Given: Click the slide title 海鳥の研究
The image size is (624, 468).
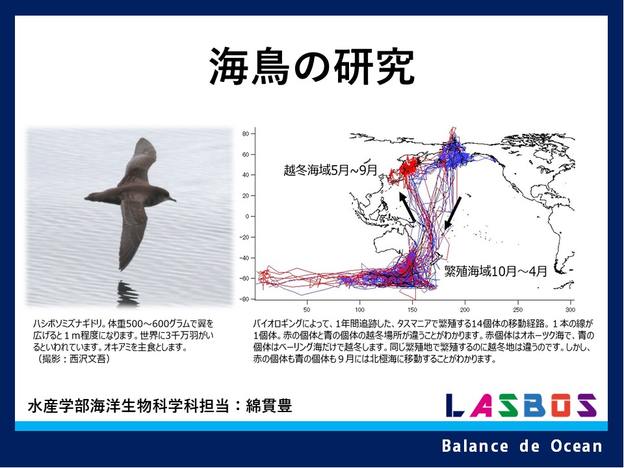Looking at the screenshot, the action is pos(312,66).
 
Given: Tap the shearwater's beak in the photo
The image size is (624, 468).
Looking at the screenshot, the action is pos(172,199).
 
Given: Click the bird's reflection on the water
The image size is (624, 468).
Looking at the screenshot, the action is pos(127,294).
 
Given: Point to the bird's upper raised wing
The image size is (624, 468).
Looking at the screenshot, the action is pos(139,161).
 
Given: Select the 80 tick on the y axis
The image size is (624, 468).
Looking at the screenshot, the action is pos(245,134).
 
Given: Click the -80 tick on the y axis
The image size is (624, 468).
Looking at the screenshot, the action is pos(244,299).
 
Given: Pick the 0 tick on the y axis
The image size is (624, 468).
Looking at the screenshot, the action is pos(247,216).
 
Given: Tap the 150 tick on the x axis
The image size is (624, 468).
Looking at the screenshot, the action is pos(412,309).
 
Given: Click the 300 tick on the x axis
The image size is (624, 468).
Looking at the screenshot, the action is pos(570,309).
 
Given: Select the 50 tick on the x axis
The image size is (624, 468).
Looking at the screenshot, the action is pos(307,309).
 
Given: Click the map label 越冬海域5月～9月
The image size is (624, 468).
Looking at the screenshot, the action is pos(330,170).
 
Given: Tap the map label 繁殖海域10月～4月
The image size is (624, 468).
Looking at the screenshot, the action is pos(495,272).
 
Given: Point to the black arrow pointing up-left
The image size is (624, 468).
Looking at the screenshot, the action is pos(407,207).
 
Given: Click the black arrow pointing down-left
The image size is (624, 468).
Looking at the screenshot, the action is pos(453,213).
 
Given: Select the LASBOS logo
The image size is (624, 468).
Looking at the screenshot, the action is pos(521,405).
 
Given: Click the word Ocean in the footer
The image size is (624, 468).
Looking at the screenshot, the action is pos(577,446).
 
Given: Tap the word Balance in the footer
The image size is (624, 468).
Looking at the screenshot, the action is pos(474,446).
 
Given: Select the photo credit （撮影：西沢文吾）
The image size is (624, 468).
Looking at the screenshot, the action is pos(73,359).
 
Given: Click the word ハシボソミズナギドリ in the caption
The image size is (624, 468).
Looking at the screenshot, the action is pos(68,324).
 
